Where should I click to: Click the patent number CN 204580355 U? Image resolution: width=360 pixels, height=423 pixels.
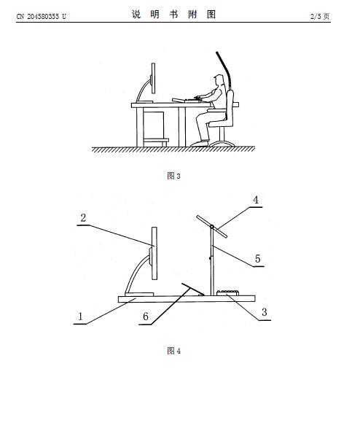(41, 17)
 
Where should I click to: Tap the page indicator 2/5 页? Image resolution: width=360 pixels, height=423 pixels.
(320, 17)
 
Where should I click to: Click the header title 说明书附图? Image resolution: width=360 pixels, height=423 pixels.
(173, 15)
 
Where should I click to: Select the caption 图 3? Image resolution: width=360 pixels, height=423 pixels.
(173, 176)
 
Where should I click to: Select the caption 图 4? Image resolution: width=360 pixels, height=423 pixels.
(173, 351)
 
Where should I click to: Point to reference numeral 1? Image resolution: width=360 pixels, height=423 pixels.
(80, 317)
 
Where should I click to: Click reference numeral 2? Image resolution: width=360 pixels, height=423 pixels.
(83, 218)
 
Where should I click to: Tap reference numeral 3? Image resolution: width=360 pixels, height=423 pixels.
(265, 312)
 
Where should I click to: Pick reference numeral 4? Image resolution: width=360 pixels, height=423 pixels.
(256, 200)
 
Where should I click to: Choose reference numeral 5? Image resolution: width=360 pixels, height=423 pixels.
(258, 258)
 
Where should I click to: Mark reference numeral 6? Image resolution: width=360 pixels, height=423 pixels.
(146, 317)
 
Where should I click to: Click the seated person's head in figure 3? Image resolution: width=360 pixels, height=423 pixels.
(219, 80)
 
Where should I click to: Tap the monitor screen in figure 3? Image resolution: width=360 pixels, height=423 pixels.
(153, 78)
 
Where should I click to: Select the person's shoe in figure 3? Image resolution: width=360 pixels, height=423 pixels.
(200, 144)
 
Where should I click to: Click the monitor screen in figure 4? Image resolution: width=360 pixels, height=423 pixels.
(154, 253)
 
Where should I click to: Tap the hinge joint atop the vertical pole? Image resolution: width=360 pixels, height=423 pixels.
(212, 227)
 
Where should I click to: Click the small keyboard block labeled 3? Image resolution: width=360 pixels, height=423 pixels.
(227, 292)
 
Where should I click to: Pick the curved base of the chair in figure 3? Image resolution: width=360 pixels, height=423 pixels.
(222, 144)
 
